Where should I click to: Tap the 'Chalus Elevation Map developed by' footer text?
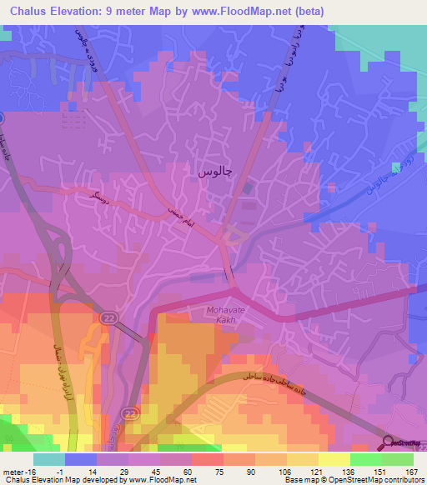click(59, 480)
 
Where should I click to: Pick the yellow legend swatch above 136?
click(334, 458)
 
